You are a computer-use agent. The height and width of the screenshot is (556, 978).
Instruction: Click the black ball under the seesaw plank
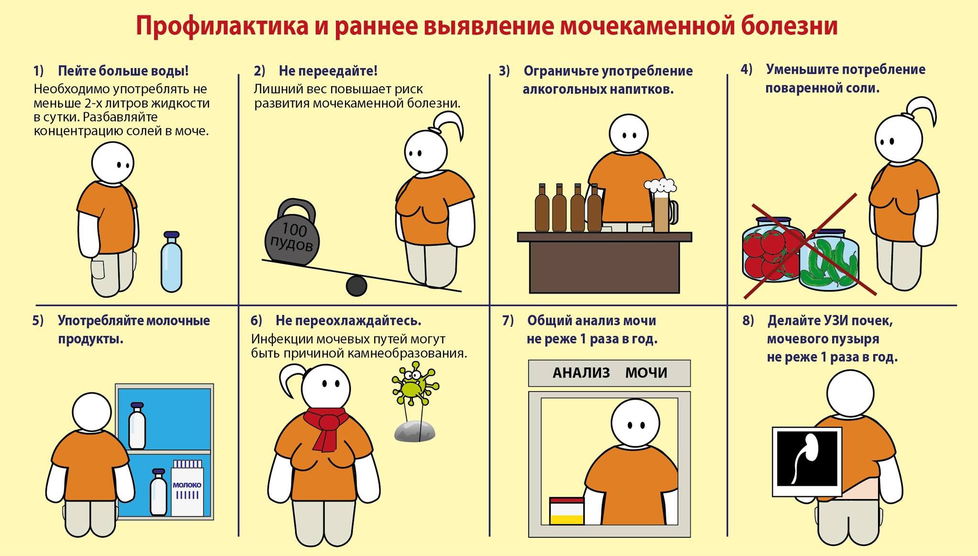click(x=356, y=286)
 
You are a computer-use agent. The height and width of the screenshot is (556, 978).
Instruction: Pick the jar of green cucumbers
click(x=829, y=260)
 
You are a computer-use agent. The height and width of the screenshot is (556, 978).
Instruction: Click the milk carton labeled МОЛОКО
click(x=187, y=488)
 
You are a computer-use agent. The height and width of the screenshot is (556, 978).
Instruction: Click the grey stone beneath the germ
click(x=415, y=431)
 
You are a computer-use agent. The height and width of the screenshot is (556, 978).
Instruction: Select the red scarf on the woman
click(x=326, y=428)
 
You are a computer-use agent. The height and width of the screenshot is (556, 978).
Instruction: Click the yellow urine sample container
click(x=567, y=511)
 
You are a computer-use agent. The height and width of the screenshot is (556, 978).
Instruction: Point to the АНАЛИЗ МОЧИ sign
click(x=609, y=373)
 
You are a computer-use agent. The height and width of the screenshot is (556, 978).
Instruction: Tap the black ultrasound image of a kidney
click(x=807, y=461)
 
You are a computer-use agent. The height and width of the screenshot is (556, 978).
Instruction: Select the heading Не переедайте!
click(x=328, y=71)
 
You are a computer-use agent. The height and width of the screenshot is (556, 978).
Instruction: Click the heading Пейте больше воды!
click(x=123, y=71)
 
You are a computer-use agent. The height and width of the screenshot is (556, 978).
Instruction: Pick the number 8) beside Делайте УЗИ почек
click(x=748, y=321)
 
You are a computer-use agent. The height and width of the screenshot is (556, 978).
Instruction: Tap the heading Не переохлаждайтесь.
click(x=348, y=321)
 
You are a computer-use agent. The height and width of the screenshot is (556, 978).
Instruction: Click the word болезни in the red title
click(x=789, y=25)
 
